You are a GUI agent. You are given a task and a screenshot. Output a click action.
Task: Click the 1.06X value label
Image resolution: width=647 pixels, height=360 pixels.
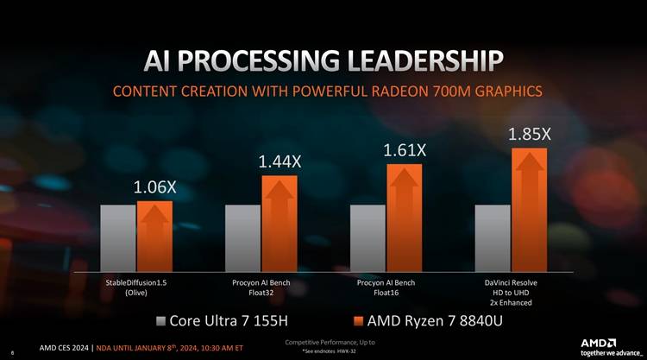click(154, 187)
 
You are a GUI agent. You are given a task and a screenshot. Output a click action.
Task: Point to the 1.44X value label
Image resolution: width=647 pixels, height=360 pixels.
click(280, 161)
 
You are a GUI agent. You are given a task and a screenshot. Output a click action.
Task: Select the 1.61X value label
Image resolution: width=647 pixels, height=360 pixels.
click(405, 150)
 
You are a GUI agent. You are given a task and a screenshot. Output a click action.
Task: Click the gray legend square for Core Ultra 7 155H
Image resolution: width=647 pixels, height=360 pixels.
click(160, 322)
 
